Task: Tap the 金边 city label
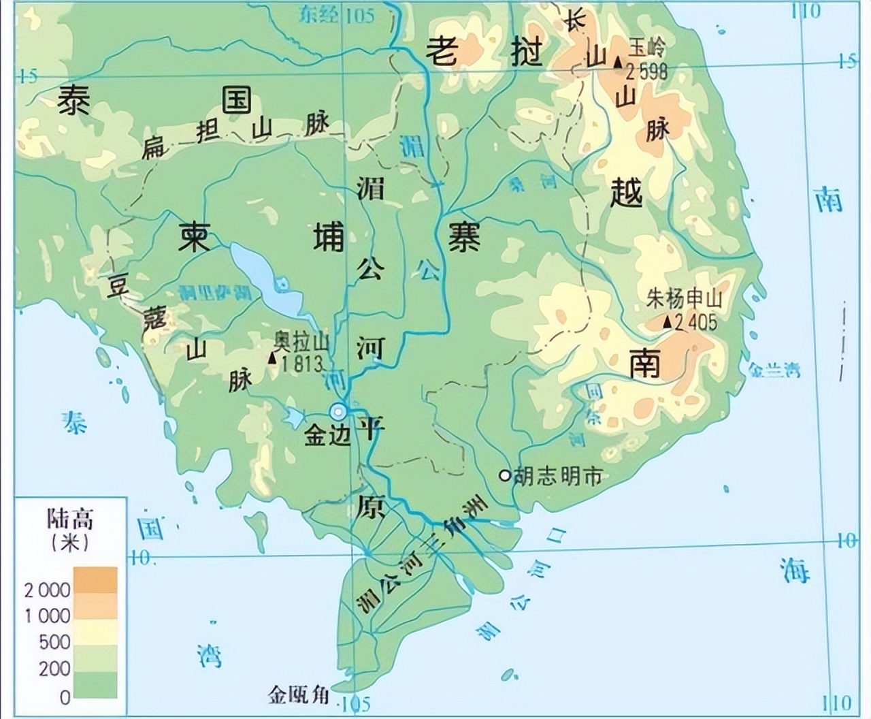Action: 327,436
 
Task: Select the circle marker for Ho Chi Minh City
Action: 504,476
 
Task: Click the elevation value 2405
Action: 695,322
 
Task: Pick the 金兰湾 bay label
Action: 774,370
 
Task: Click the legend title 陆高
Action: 69,519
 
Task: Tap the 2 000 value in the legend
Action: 48,590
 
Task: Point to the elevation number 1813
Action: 299,363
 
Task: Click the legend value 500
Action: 54,642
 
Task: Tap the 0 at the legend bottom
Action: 65,697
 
